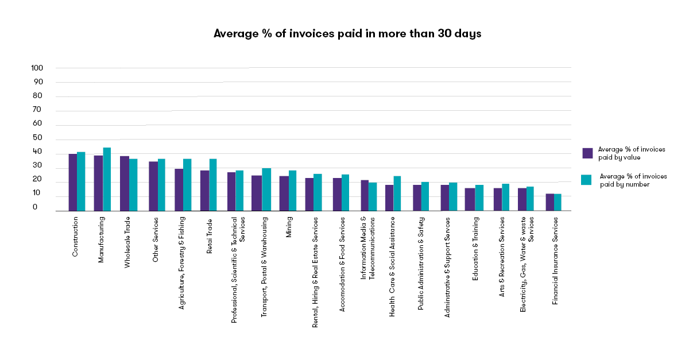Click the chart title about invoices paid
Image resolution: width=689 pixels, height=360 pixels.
coord(347,34)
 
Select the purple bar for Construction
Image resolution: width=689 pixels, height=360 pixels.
coord(72,182)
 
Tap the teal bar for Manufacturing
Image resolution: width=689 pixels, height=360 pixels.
coord(107,179)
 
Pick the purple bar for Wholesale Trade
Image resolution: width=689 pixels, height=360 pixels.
coord(124,183)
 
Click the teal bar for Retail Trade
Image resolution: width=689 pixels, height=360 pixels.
coord(213,184)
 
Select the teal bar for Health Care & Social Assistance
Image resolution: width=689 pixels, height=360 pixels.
coord(397,193)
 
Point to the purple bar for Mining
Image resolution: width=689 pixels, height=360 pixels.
coord(284,193)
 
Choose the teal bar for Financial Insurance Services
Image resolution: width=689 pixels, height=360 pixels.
coord(558,202)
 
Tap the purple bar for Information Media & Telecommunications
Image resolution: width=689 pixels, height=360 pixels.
coord(365,195)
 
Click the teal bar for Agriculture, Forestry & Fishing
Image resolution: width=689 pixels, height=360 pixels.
coord(187,184)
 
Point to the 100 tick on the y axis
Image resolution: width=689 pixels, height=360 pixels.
coord(37,68)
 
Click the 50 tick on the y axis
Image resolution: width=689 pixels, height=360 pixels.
coord(37,138)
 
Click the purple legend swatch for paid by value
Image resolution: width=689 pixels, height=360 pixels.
coord(587,153)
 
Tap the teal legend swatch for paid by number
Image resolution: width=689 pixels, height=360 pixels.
coord(586,180)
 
